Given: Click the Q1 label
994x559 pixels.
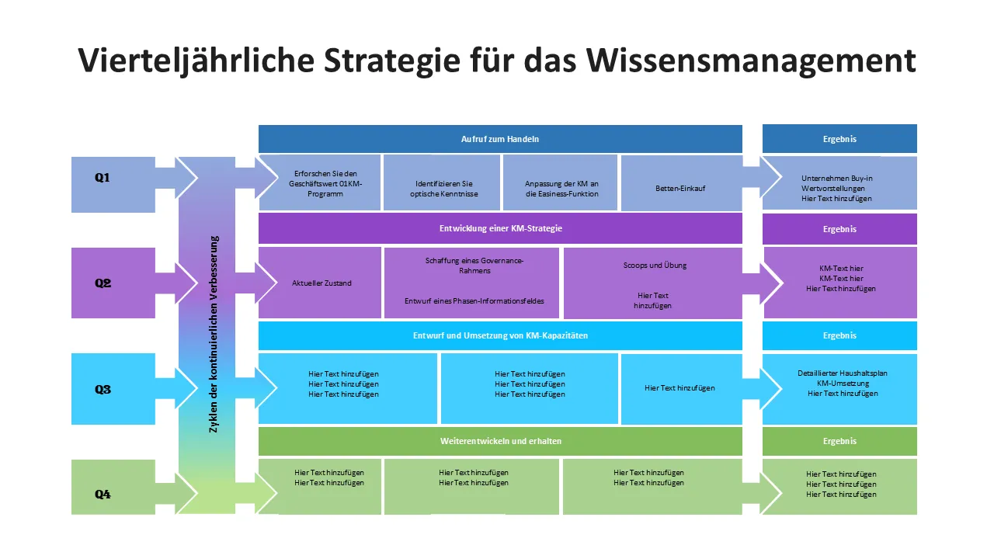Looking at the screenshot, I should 103,179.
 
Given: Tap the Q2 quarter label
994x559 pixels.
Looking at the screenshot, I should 103,283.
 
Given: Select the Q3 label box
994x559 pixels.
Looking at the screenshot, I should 103,390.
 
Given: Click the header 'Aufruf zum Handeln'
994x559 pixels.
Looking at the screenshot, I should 499,139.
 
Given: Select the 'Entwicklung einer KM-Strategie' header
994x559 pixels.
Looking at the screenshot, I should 499,229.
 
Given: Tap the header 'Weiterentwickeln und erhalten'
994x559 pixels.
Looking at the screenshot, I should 499,441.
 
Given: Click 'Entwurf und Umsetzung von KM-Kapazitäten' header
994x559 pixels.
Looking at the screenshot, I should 499,335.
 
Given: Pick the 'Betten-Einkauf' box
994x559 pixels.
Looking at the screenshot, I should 681,188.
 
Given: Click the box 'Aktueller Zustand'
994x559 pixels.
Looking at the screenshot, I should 321,283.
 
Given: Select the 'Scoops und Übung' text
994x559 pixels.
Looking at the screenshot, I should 655,266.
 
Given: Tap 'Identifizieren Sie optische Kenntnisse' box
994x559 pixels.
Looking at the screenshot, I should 442,189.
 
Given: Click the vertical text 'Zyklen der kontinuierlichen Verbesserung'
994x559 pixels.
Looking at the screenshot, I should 214,334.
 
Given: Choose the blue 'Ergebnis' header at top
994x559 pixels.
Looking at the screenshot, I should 839,139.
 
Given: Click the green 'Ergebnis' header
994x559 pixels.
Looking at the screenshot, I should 839,441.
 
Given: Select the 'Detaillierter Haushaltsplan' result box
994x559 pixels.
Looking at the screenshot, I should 842,384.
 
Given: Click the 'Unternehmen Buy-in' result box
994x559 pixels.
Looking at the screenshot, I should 836,188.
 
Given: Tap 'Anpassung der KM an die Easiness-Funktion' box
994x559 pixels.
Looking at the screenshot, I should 561,189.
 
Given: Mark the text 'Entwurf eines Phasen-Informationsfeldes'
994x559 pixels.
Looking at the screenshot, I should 474,301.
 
